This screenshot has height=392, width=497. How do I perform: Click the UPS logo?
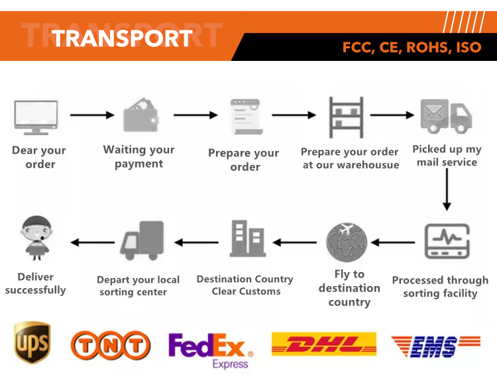coord(32,343)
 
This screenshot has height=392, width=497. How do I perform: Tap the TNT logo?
coord(111,346)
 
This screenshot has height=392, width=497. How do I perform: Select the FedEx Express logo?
coord(208,349)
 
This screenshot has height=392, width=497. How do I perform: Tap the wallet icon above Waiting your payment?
coord(141,116)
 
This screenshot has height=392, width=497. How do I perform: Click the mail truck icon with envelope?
coord(446,115)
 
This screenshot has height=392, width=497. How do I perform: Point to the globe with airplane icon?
coord(347,242)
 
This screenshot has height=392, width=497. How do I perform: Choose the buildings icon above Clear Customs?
coord(247,240)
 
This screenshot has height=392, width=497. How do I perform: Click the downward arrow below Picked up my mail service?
coord(447,189)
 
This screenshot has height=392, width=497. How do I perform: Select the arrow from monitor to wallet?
coord(92,115)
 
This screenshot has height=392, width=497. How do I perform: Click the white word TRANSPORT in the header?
coord(122,38)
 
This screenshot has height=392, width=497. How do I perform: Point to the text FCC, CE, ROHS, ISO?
coord(412,48)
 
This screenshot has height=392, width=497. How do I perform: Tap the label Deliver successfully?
coord(36,283)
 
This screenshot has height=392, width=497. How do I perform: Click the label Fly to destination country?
coord(349,288)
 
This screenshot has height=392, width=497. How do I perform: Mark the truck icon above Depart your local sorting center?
coord(142,240)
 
